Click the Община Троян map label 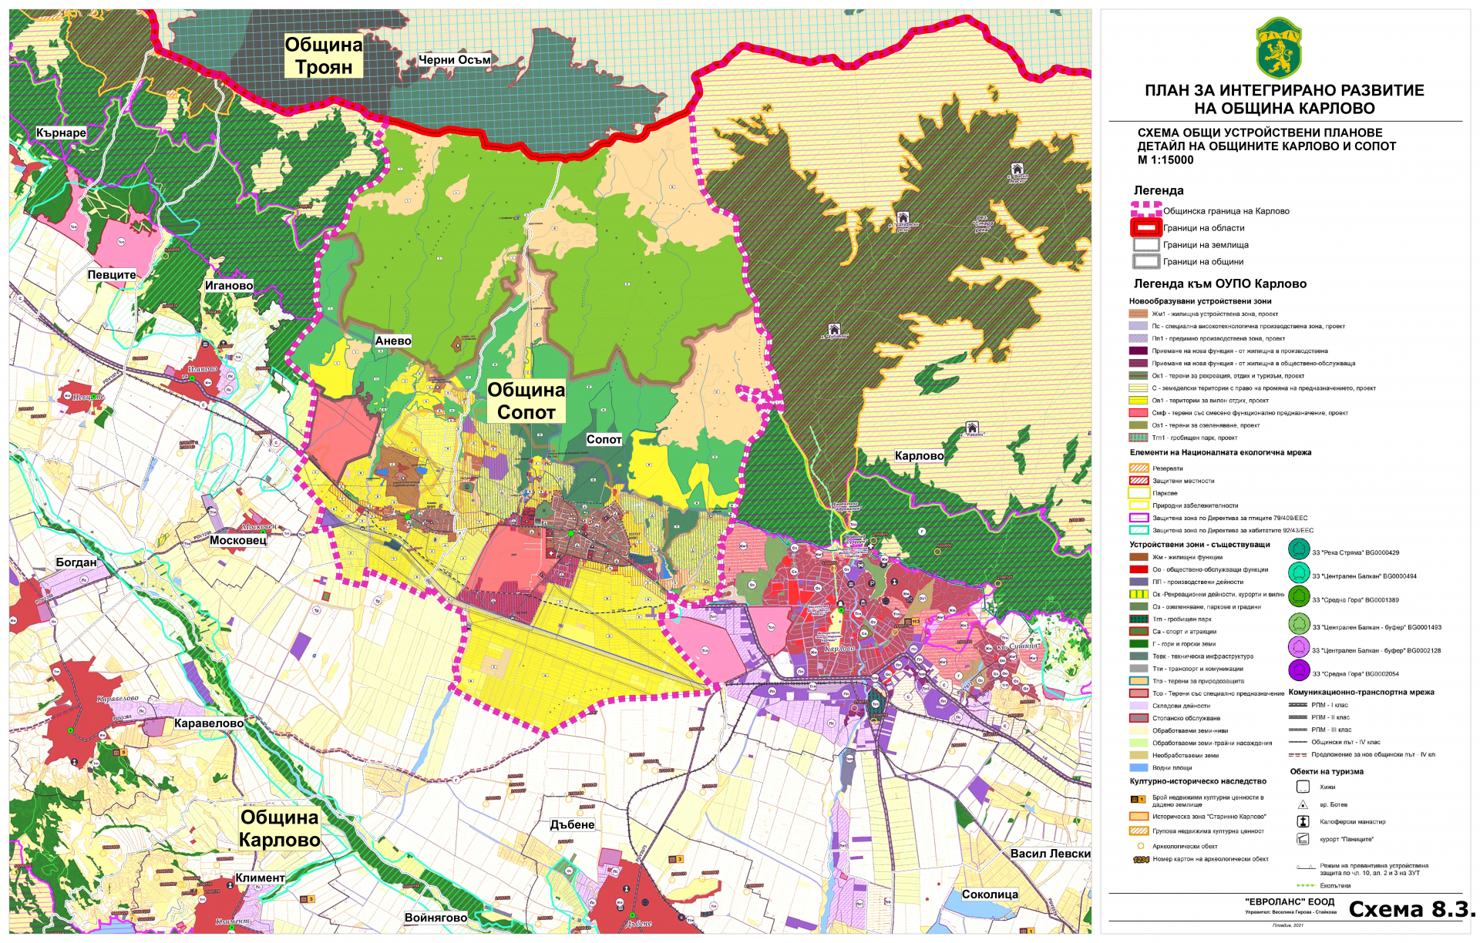coord(324,56)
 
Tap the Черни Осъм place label coord(454,59)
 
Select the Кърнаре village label coord(61,133)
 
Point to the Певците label coord(112,274)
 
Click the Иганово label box coord(229,285)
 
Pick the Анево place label coord(393,341)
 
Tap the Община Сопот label coord(526,401)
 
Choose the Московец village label coord(238,540)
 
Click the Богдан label coord(76,562)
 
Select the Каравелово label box coord(209,723)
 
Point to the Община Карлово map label coord(279,828)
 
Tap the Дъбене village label coord(572,824)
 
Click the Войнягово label coord(436,918)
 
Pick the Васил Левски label coord(1050,854)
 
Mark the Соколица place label coord(990,894)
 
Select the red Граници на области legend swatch coord(1146,228)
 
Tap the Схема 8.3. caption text coord(1411,909)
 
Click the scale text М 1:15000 coord(1165,160)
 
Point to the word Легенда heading coord(1158,190)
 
